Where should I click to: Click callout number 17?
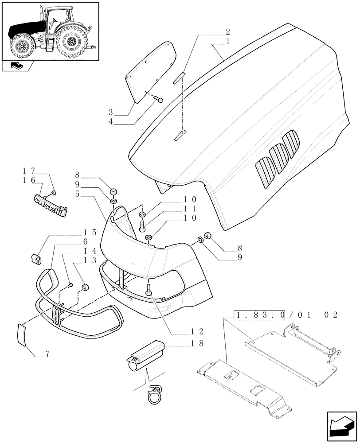[x=27, y=171]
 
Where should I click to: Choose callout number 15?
[x=90, y=232]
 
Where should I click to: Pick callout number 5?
[x=78, y=194]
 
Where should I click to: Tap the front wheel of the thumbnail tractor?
[x=20, y=48]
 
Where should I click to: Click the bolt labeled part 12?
[x=149, y=290]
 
